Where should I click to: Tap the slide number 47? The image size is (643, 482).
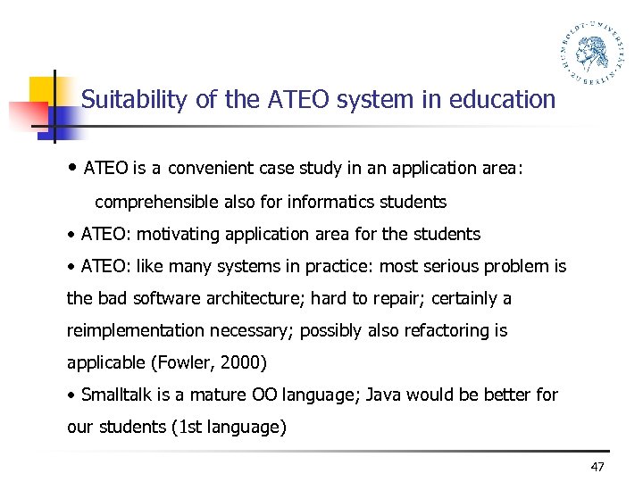598,467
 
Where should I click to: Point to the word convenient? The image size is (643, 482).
210,168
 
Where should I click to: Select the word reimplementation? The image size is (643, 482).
136,331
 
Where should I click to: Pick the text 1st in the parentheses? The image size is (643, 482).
190,428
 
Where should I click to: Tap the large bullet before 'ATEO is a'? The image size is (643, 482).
71,168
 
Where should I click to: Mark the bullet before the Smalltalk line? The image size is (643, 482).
71,395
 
